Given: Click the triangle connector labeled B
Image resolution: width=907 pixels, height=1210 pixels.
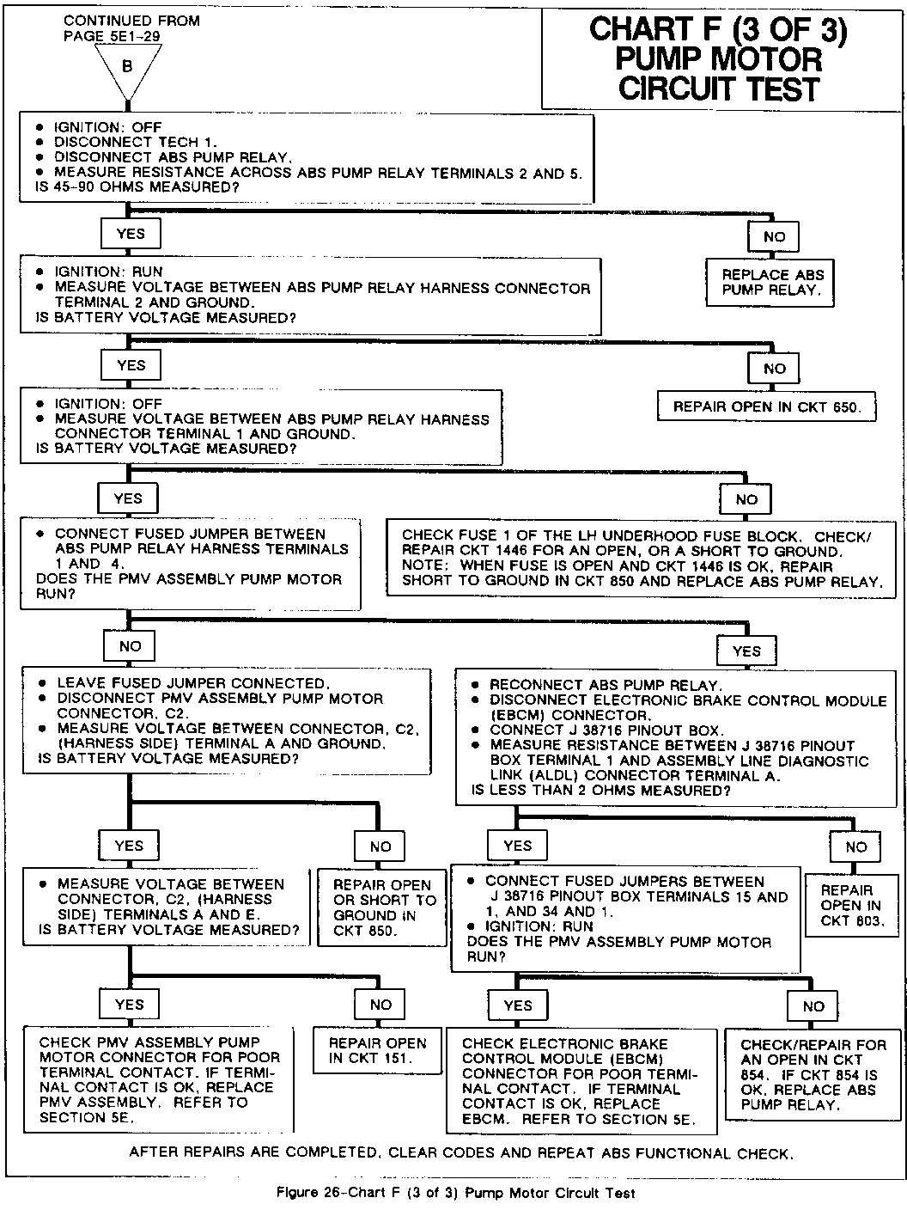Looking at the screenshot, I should click(127, 69).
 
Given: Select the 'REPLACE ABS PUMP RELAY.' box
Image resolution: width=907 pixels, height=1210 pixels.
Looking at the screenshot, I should click(772, 283).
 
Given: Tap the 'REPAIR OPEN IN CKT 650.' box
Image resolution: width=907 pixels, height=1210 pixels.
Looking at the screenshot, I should click(766, 406).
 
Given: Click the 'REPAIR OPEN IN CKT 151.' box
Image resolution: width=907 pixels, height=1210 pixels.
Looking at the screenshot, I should click(377, 1050).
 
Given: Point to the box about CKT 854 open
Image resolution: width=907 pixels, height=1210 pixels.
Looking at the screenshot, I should click(813, 1074).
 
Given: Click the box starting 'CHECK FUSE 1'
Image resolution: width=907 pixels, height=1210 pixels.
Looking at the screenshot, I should click(641, 558).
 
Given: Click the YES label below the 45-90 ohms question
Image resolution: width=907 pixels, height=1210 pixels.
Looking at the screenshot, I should click(131, 233).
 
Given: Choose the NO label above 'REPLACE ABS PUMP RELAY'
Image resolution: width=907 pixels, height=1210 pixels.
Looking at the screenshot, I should click(774, 236).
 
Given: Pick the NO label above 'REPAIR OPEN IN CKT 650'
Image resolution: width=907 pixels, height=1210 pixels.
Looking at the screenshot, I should click(774, 369).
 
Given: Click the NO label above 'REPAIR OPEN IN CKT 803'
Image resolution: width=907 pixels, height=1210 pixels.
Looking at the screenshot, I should click(855, 846).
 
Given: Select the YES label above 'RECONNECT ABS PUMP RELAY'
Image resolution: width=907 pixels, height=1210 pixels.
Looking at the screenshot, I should click(746, 651).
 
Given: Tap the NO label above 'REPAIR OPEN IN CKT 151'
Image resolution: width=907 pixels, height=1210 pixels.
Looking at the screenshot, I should click(380, 1004).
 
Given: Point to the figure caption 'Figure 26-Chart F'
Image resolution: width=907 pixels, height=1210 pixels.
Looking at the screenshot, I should click(455, 1193).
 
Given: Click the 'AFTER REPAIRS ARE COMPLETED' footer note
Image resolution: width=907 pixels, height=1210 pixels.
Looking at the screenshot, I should click(460, 1153).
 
